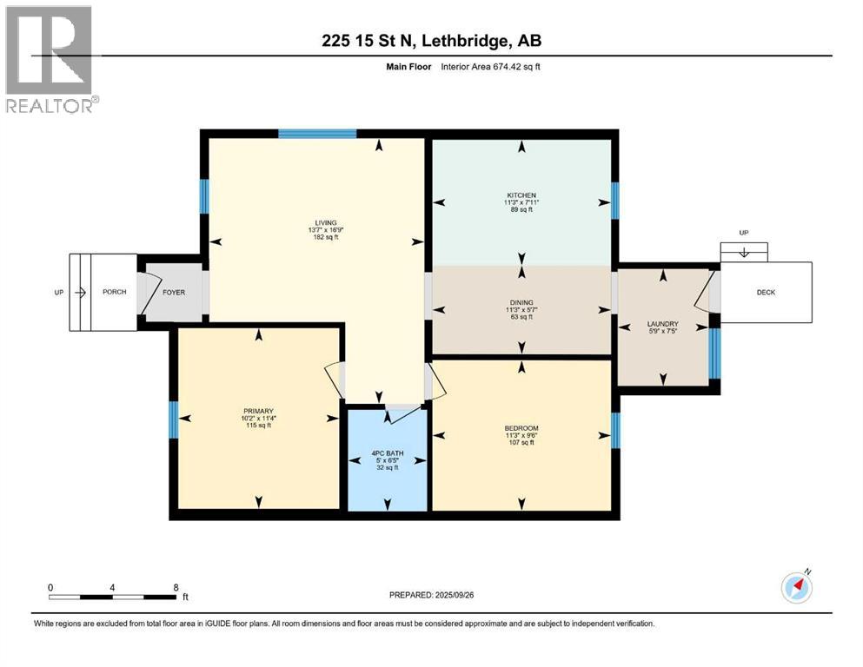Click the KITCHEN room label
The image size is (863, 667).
pyautogui.click(x=521, y=195)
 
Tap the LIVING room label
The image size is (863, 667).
pyautogui.click(x=326, y=222)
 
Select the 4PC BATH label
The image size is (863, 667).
pyautogui.click(x=388, y=453)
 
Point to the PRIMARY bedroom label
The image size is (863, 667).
pyautogui.click(x=258, y=411)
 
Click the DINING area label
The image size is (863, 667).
pyautogui.click(x=521, y=302)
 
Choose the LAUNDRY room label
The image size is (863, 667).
pyautogui.click(x=662, y=324)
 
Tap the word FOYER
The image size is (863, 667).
pyautogui.click(x=174, y=293)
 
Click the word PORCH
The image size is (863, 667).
pyautogui.click(x=115, y=292)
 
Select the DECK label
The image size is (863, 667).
pyautogui.click(x=766, y=293)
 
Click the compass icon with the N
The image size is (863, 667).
pyautogui.click(x=797, y=587)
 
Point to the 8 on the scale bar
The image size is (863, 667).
pyautogui.click(x=176, y=587)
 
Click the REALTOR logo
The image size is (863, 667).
pyautogui.click(x=52, y=59)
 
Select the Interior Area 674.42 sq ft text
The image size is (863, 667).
pyautogui.click(x=490, y=67)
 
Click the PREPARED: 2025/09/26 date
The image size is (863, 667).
pyautogui.click(x=431, y=595)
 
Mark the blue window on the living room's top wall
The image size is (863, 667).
pyautogui.click(x=317, y=134)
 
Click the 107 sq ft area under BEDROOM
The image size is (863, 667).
pyautogui.click(x=521, y=442)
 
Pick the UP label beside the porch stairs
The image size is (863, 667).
pyautogui.click(x=59, y=293)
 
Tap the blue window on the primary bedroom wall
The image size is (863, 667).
pyautogui.click(x=173, y=419)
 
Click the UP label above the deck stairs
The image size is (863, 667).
pyautogui.click(x=744, y=233)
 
